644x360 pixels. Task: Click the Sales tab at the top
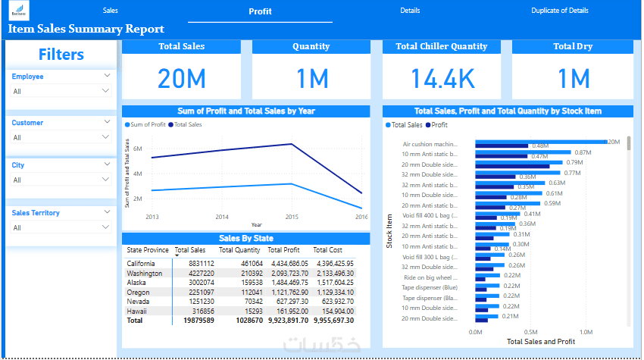pos(111,11)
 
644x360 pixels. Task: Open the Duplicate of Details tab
pos(560,11)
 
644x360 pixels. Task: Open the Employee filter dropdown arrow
pos(106,77)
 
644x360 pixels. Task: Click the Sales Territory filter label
pos(36,213)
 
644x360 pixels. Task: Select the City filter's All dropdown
pos(61,180)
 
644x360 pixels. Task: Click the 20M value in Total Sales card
pos(181,79)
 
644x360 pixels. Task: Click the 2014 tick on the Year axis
pos(222,218)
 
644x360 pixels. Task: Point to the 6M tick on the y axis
pos(138,149)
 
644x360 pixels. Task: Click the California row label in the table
pos(142,263)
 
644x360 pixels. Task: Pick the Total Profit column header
pos(283,250)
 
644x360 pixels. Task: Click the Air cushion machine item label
pos(430,144)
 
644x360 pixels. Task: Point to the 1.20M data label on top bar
pos(614,142)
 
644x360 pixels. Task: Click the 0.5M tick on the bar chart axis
pos(530,332)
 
